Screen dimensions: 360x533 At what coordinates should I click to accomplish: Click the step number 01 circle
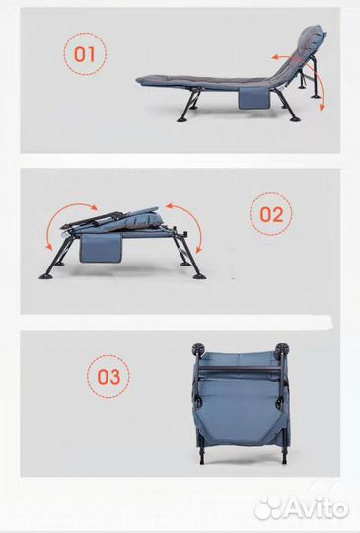(85, 53)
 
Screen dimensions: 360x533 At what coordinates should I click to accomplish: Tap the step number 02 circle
(271, 214)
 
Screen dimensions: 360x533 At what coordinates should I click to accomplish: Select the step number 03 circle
(108, 377)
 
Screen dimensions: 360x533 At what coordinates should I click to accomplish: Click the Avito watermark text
(316, 508)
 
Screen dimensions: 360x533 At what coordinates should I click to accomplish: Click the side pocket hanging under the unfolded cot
(253, 98)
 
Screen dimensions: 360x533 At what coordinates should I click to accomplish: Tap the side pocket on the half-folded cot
(101, 249)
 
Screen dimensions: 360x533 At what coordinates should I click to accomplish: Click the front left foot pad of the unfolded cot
(182, 119)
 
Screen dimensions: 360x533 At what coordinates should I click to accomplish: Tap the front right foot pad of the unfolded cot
(295, 119)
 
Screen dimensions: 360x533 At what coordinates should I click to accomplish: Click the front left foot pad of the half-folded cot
(45, 276)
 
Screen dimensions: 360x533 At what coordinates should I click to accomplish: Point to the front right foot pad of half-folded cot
(199, 276)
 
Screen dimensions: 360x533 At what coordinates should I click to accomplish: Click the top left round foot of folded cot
(197, 349)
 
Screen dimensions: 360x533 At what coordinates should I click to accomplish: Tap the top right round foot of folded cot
(282, 349)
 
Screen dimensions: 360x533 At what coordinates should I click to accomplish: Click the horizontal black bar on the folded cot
(241, 368)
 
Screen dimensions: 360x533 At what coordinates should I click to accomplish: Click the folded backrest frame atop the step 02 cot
(99, 219)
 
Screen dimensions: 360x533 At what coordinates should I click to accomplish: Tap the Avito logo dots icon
(268, 508)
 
